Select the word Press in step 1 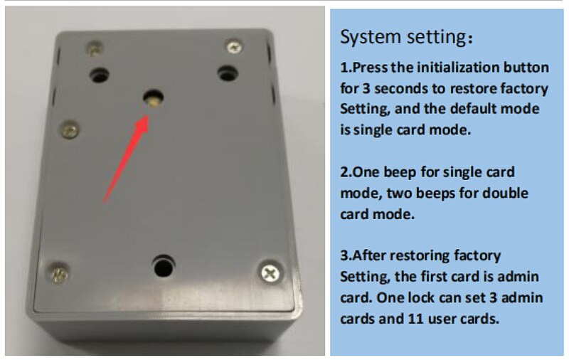pos(370,68)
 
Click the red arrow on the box pos(126,159)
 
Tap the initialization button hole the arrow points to pos(153,98)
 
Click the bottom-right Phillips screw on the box pos(270,273)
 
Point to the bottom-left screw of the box pos(58,273)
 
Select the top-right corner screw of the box pos(234,47)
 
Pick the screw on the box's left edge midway pos(69,130)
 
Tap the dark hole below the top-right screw pos(228,74)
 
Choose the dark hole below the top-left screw pos(99,75)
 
